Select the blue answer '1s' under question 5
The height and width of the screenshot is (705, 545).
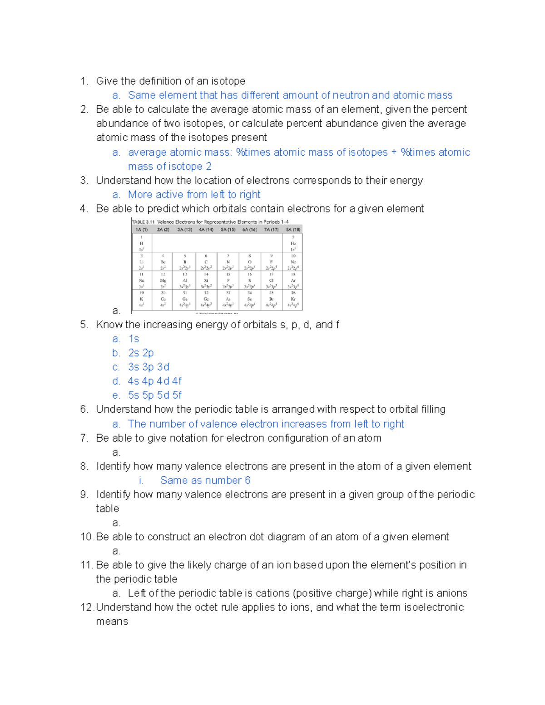(x=134, y=339)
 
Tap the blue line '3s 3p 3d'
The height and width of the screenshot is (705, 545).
(x=149, y=367)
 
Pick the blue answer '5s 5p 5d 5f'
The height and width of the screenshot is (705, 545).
(x=155, y=395)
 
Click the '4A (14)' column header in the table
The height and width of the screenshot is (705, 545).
(x=206, y=230)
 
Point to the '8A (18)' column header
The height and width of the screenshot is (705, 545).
(x=293, y=230)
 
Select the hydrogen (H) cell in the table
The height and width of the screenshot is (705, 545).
(x=142, y=243)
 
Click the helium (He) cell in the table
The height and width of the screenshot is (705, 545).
(x=293, y=243)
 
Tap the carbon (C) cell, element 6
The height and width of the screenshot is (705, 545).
(x=206, y=262)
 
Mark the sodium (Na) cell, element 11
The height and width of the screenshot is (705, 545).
(x=142, y=281)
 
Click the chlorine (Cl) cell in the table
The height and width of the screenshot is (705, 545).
(x=272, y=281)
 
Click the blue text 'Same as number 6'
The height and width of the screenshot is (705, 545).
(x=205, y=481)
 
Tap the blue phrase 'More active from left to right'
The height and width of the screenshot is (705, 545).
(x=194, y=195)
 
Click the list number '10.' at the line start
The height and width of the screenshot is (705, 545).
(x=87, y=537)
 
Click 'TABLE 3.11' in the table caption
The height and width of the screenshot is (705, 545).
(x=144, y=222)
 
